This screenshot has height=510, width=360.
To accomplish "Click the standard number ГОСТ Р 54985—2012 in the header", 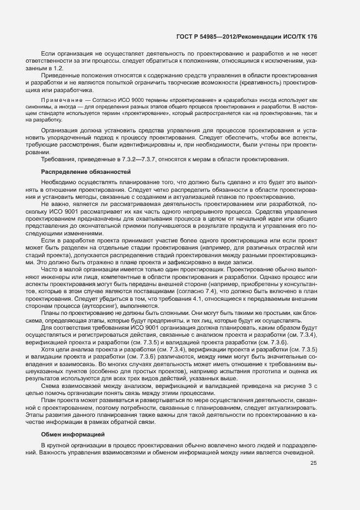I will pyautogui.click(x=209, y=37).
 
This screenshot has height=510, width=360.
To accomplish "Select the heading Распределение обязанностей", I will pyautogui.click(x=86, y=172).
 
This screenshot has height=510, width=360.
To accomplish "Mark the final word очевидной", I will pyautogui.click(x=299, y=453).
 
